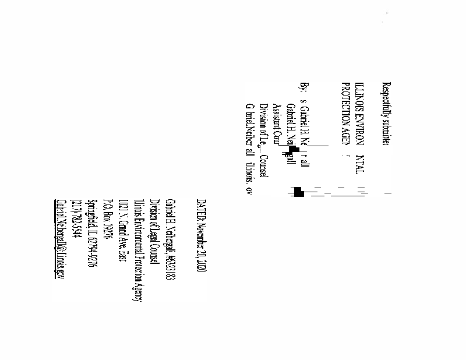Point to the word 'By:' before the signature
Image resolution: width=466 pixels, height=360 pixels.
(302, 87)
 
